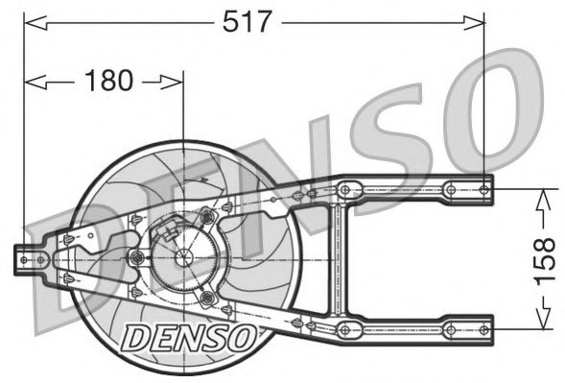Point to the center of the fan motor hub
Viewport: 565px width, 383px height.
[182, 256]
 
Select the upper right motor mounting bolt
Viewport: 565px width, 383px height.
[206, 217]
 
